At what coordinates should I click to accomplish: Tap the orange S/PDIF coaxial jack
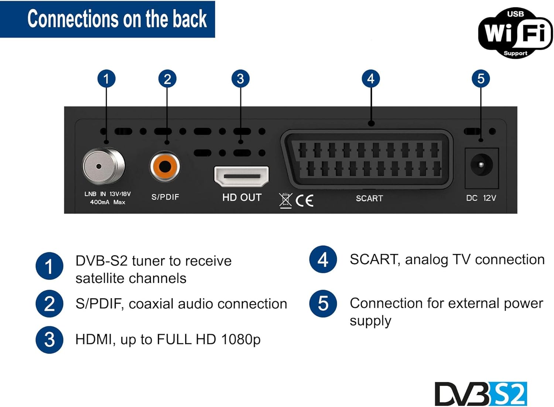pyautogui.click(x=165, y=166)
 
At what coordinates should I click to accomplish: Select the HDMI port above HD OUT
pyautogui.click(x=241, y=176)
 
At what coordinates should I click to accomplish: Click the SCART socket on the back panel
pyautogui.click(x=368, y=159)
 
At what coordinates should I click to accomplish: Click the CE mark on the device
pyautogui.click(x=305, y=200)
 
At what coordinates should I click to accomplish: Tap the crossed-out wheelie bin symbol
pyautogui.click(x=285, y=200)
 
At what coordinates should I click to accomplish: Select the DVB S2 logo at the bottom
pyautogui.click(x=481, y=394)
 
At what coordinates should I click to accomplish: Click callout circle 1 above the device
pyautogui.click(x=106, y=79)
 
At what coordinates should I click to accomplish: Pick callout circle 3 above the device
pyautogui.click(x=240, y=79)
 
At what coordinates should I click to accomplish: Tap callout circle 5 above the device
pyautogui.click(x=481, y=79)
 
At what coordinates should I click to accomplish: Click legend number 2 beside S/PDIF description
pyautogui.click(x=49, y=304)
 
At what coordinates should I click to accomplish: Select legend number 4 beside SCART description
pyautogui.click(x=323, y=259)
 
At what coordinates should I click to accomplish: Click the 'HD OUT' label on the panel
pyautogui.click(x=242, y=197)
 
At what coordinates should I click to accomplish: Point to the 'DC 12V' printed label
pyautogui.click(x=481, y=198)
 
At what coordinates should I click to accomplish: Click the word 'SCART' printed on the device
pyautogui.click(x=369, y=199)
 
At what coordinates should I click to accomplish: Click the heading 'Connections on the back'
pyautogui.click(x=117, y=19)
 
